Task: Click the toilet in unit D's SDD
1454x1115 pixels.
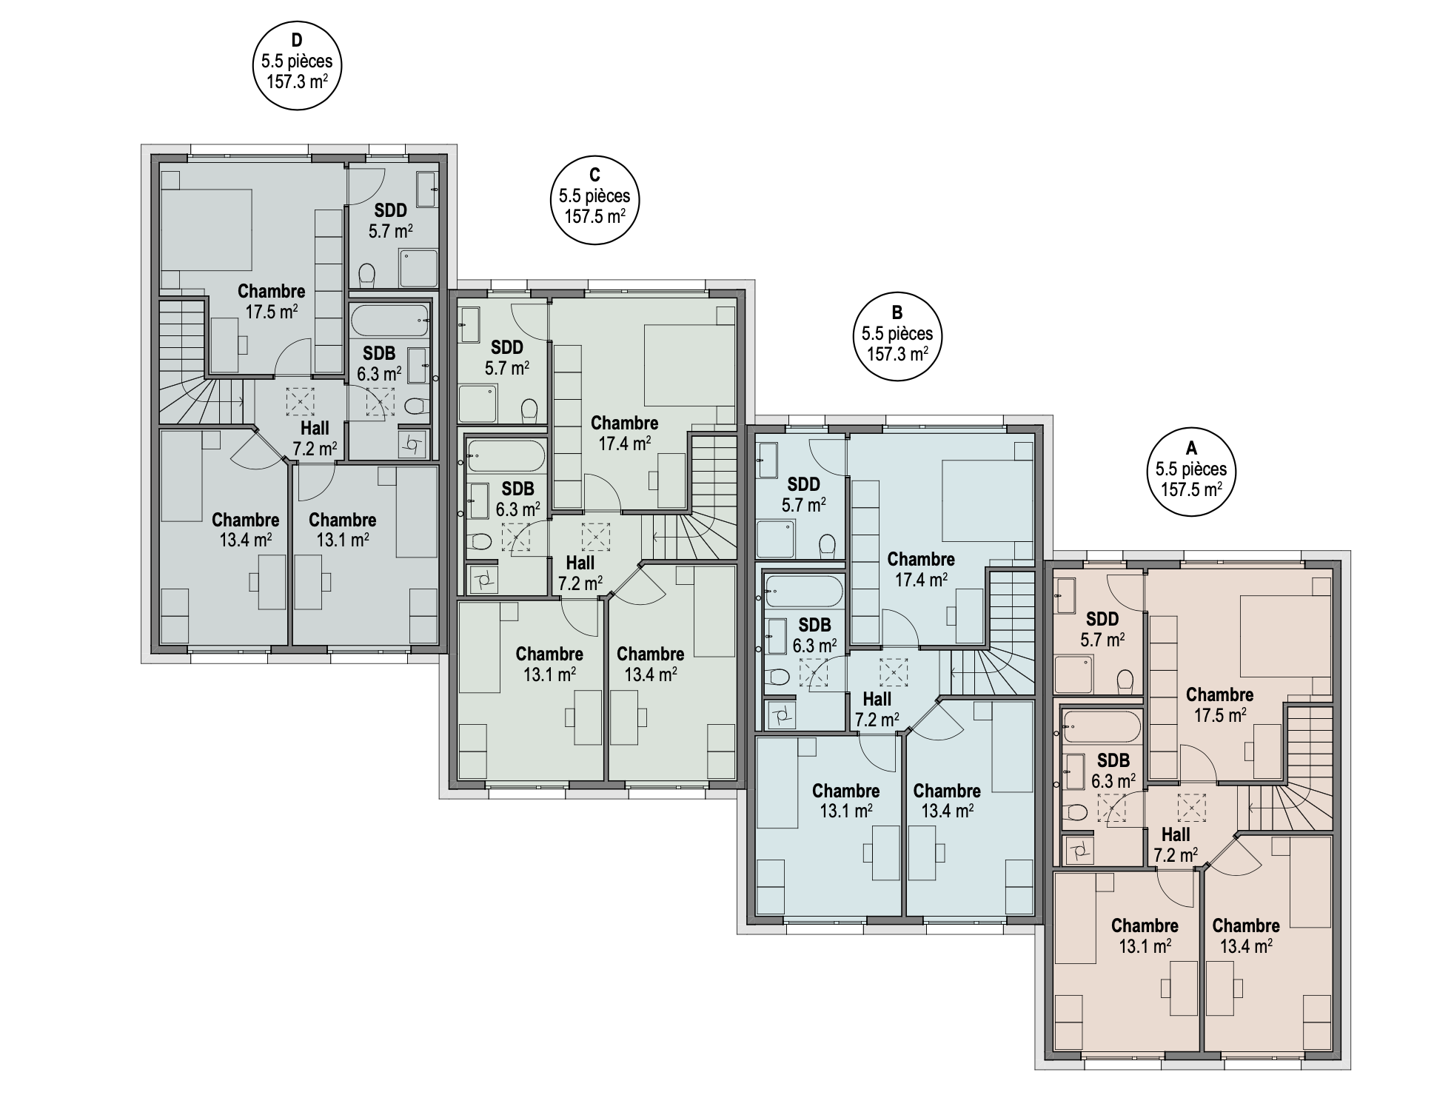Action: pyautogui.click(x=367, y=276)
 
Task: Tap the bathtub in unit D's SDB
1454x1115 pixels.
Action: pyautogui.click(x=390, y=320)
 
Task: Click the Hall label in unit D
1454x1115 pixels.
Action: pyautogui.click(x=315, y=438)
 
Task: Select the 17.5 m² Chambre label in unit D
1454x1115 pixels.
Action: pyautogui.click(x=271, y=301)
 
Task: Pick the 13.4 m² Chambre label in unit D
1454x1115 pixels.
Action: pyautogui.click(x=245, y=530)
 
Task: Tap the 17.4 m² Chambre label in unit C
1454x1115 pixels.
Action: pyautogui.click(x=624, y=433)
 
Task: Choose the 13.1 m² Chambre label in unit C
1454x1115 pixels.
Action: pyautogui.click(x=549, y=664)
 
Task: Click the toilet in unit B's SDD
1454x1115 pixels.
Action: pyautogui.click(x=827, y=546)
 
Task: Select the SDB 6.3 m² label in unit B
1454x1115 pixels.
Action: pyautogui.click(x=814, y=635)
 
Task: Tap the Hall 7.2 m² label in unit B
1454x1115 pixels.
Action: pyautogui.click(x=877, y=709)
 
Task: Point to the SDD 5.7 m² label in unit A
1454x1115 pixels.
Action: pyautogui.click(x=1102, y=629)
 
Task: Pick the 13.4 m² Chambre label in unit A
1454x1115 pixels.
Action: pyautogui.click(x=1246, y=936)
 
